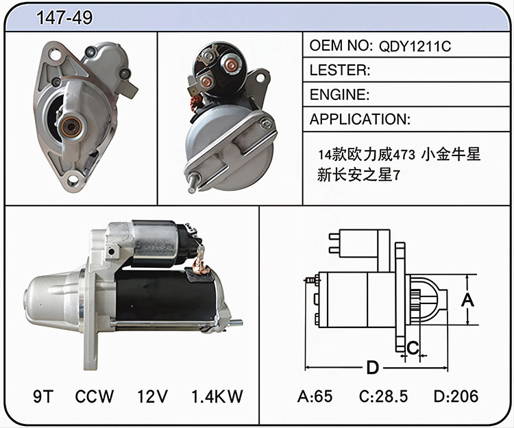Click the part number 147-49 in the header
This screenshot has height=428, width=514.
pos(64,17)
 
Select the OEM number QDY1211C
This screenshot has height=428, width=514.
pos(415,46)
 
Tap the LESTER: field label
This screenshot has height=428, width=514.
pos(340,70)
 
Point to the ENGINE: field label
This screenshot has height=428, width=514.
pos(339,95)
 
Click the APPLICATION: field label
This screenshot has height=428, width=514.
pos(360,119)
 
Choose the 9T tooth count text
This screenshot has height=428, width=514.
pos(43,396)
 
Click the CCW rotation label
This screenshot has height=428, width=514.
pos(94,396)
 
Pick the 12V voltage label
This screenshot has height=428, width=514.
pos(152,396)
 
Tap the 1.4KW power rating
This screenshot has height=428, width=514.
pos(217,396)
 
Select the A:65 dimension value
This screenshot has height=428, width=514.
pos(315,396)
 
